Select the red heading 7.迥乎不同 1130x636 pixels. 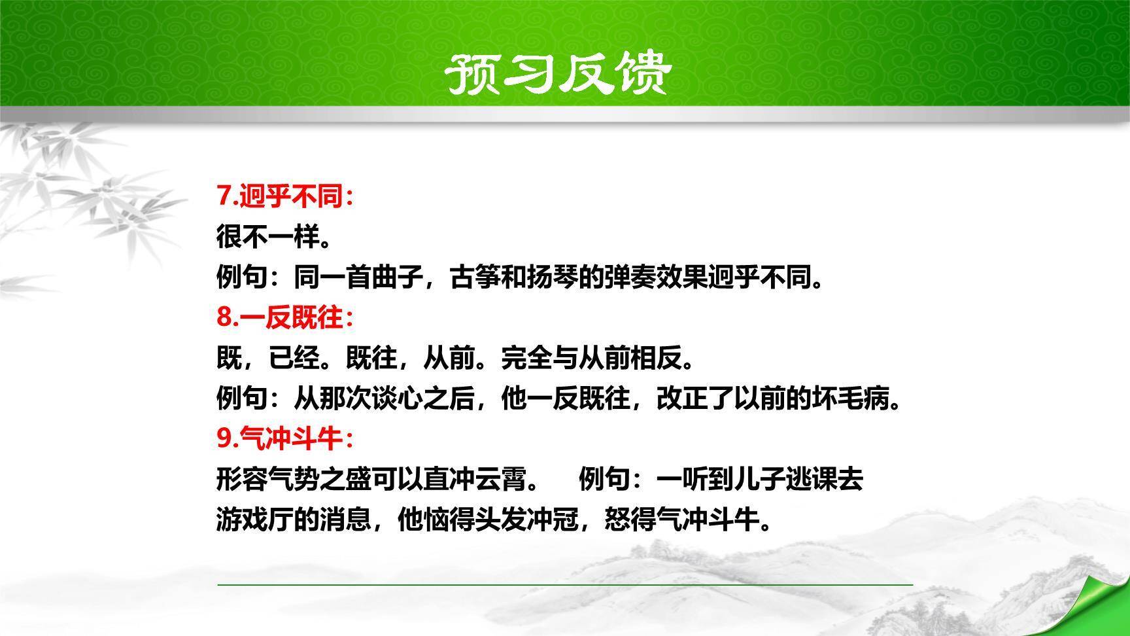(284, 196)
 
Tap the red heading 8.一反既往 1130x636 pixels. (284, 317)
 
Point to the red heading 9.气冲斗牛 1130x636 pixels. (284, 438)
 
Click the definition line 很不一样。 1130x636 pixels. (273, 236)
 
